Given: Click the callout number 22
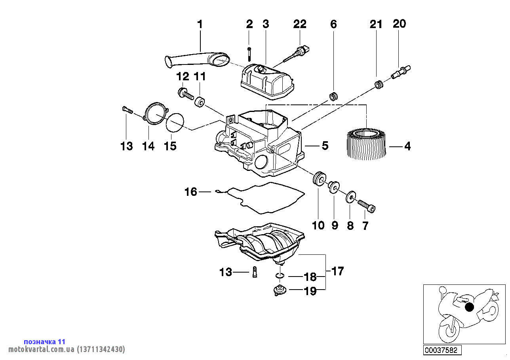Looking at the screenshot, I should tap(300, 24).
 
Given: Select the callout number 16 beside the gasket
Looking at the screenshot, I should tap(190, 192).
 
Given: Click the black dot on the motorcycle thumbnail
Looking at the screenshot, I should tap(469, 307).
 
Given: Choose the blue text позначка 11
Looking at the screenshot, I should tap(45, 341).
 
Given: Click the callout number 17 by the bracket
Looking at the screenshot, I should tap(337, 271).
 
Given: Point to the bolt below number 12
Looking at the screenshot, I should tap(185, 94).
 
